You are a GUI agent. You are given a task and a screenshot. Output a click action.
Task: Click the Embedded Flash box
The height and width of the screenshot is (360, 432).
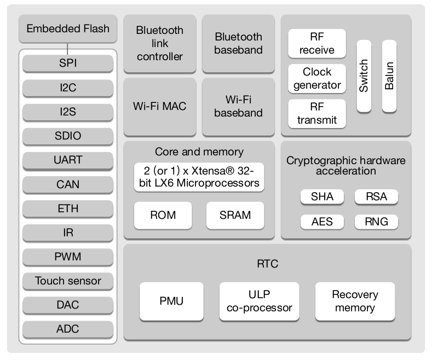pyautogui.click(x=68, y=29)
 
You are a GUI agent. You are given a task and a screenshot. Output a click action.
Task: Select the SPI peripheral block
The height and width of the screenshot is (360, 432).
pyautogui.click(x=68, y=63)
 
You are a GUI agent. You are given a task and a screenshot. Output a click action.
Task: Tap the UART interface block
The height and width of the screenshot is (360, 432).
pyautogui.click(x=68, y=160)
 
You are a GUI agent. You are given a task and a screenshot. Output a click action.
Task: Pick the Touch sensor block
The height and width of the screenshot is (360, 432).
pyautogui.click(x=68, y=281)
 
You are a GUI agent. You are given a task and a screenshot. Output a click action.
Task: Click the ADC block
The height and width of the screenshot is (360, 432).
pyautogui.click(x=68, y=329)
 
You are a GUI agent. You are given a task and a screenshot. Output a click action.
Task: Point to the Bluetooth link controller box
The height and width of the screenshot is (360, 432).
pyautogui.click(x=160, y=44)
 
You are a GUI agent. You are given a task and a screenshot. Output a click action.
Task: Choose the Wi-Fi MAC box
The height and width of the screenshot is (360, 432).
pyautogui.click(x=160, y=107)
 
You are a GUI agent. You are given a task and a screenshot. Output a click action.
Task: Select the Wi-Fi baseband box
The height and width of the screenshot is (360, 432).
pyautogui.click(x=238, y=107)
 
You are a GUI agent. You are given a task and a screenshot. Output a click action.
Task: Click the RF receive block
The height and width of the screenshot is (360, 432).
pyautogui.click(x=317, y=44)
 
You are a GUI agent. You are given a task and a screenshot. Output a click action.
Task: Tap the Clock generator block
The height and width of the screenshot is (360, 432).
pyautogui.click(x=317, y=78)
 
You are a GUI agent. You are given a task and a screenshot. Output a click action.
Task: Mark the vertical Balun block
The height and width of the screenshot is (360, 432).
pyautogui.click(x=389, y=76)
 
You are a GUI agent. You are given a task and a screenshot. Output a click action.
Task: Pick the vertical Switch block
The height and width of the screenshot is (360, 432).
pyautogui.click(x=364, y=76)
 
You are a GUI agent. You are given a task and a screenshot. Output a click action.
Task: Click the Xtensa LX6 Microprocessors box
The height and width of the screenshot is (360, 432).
pyautogui.click(x=199, y=176)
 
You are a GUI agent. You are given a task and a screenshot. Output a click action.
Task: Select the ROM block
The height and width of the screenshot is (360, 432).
pyautogui.click(x=163, y=215)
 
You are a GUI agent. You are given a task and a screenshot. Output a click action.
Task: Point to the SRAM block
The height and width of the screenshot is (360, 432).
pyautogui.click(x=235, y=215)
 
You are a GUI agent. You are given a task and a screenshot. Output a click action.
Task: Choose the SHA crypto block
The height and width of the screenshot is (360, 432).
pyautogui.click(x=322, y=197)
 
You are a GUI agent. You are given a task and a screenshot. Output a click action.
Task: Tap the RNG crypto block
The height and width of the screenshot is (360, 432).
pyautogui.click(x=376, y=222)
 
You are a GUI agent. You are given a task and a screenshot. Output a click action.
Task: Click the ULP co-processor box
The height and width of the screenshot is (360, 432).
pyautogui.click(x=260, y=301)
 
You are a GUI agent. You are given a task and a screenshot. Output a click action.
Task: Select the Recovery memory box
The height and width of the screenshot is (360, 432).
pyautogui.click(x=355, y=301)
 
